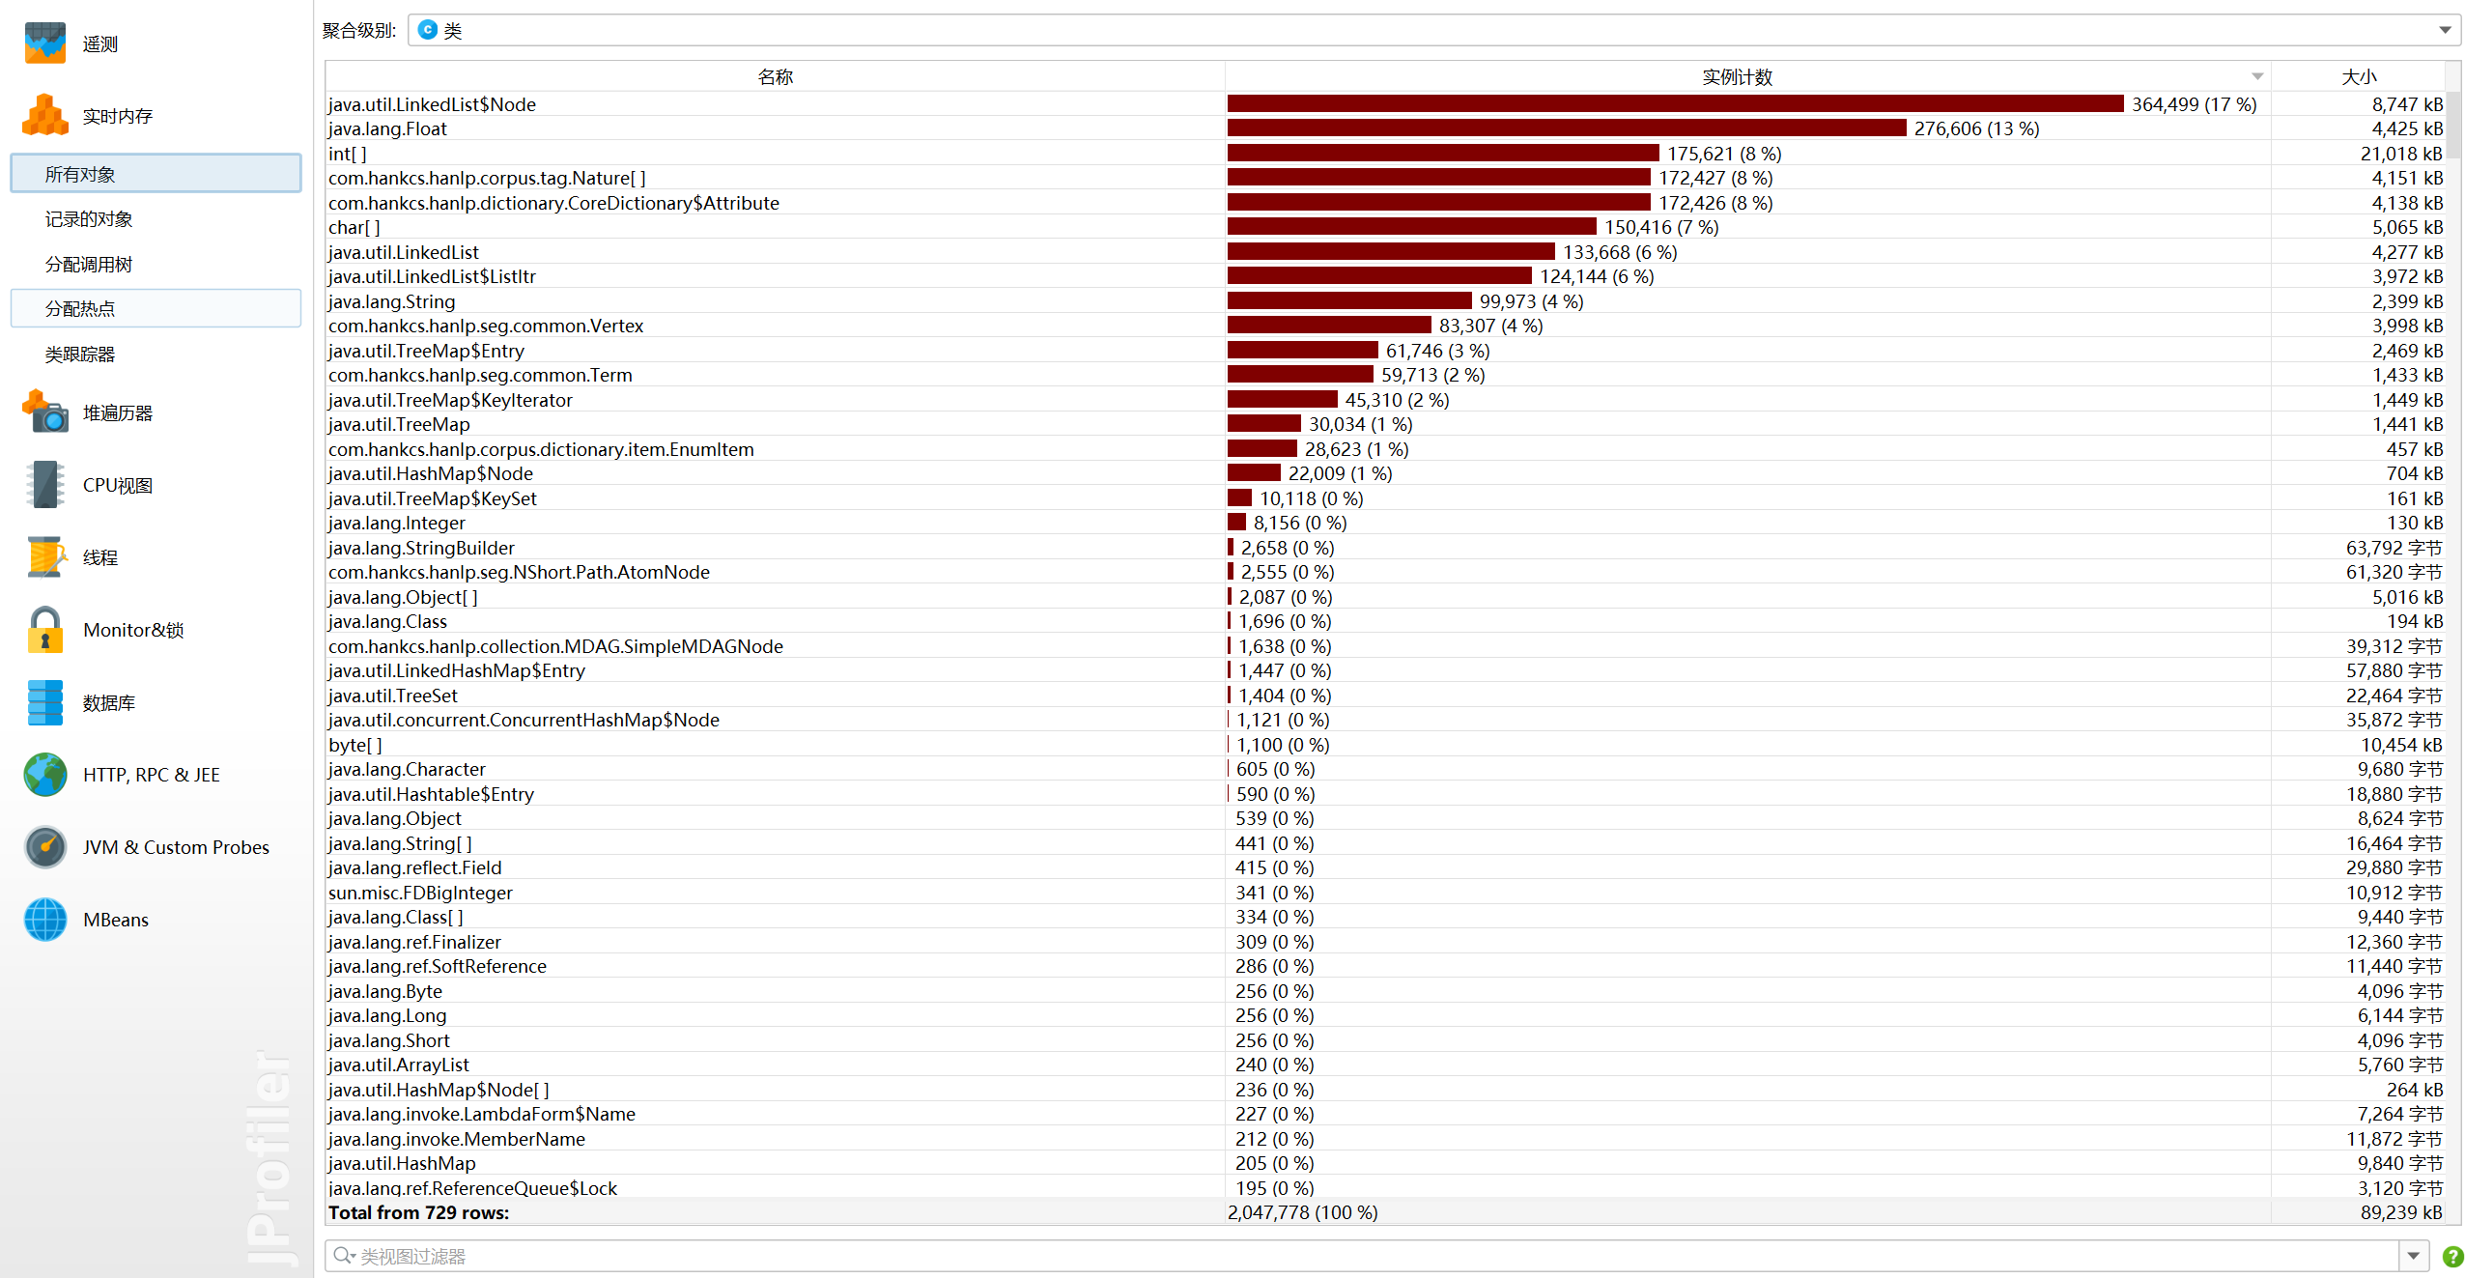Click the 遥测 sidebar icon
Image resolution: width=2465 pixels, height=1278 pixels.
coord(44,43)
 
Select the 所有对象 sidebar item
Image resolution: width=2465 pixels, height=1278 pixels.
coord(80,174)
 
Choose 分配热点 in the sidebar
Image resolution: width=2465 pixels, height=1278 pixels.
coord(80,309)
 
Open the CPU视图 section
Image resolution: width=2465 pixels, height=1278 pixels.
coord(117,485)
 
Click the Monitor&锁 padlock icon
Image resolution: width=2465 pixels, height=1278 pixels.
coord(44,630)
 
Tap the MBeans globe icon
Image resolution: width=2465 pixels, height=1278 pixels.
coord(44,920)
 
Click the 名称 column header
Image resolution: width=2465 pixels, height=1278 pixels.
coord(775,77)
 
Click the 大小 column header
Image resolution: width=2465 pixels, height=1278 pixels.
coord(2359,77)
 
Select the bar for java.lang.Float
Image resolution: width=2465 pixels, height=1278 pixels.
coord(1566,128)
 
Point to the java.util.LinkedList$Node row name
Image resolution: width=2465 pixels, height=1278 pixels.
coord(432,104)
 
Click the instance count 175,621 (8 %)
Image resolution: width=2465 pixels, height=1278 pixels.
coord(1723,154)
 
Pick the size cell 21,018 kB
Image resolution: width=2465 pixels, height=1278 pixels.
coord(2400,154)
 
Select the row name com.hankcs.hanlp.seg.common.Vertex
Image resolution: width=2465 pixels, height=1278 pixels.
coord(486,326)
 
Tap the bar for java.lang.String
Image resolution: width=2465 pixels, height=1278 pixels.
coord(1348,301)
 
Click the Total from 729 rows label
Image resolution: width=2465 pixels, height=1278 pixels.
coord(418,1212)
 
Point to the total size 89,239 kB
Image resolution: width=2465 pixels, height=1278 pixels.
coord(2400,1212)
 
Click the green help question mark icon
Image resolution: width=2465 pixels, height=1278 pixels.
coord(2451,1256)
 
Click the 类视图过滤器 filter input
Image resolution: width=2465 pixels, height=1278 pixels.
coord(1352,1256)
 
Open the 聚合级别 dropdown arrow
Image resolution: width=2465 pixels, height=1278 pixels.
coord(2445,30)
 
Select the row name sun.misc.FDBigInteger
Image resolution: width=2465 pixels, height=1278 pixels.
coord(420,893)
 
